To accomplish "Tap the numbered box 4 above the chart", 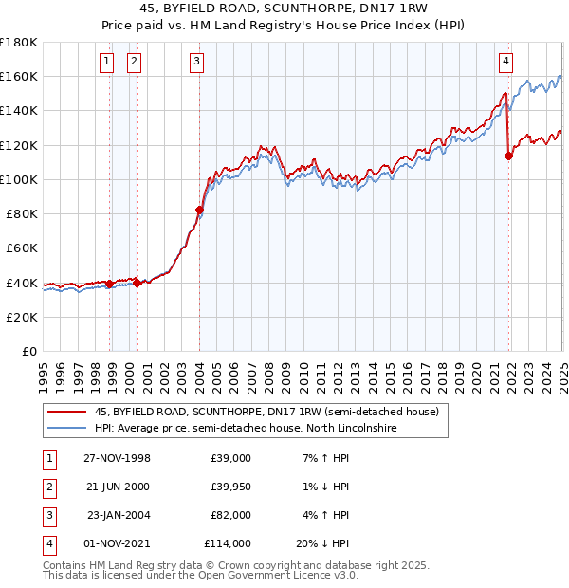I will point(506,63).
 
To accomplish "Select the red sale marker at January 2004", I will point(200,210).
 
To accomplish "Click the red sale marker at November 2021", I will point(509,156).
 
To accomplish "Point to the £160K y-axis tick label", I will point(19,76).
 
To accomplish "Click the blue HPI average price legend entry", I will point(245,429).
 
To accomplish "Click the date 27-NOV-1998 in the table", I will point(118,457).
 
